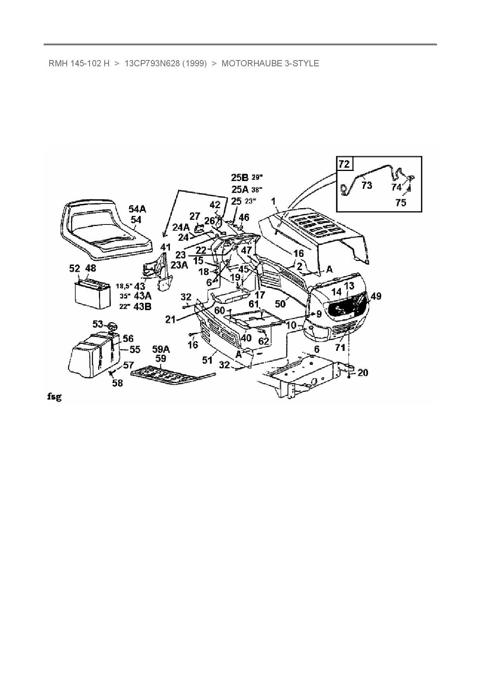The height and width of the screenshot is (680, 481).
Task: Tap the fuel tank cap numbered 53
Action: click(112, 325)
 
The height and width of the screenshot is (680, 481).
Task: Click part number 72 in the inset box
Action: click(344, 164)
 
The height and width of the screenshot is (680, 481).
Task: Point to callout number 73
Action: click(367, 185)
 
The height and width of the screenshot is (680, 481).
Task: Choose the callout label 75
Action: click(401, 202)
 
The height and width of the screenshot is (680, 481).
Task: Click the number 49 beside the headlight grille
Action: click(376, 297)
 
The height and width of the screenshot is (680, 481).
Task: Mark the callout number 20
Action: click(363, 373)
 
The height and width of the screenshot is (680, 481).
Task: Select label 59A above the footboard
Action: click(161, 349)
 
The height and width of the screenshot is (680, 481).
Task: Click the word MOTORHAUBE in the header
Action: click(252, 63)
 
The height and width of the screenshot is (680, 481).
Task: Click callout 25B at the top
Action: click(239, 178)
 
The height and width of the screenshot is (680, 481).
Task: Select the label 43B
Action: click(142, 306)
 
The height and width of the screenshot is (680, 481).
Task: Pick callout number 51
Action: click(208, 360)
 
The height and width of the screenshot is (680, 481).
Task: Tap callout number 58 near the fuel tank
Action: click(118, 383)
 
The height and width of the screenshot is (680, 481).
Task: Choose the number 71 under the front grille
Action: click(340, 347)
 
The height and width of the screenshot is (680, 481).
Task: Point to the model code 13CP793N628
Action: click(152, 63)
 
